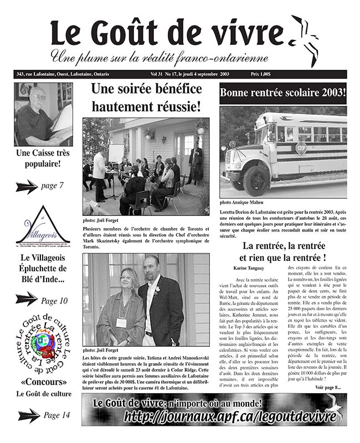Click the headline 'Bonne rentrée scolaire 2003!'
coord(282,94)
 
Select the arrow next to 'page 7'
coord(27,186)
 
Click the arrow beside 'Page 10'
coord(27,300)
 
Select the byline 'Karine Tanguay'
coord(248,269)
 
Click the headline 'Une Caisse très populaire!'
coord(43,158)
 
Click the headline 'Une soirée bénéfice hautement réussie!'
coord(146,96)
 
